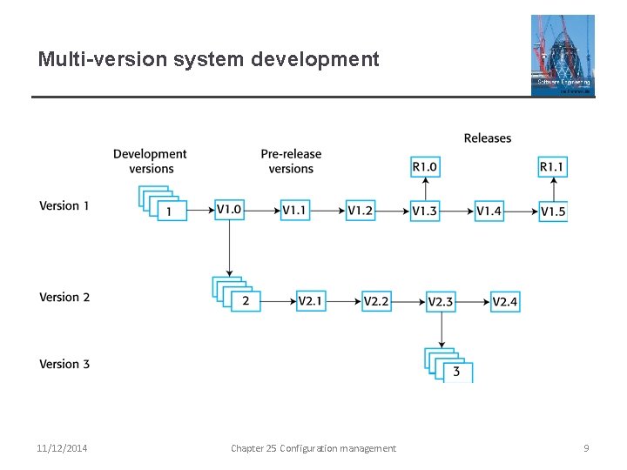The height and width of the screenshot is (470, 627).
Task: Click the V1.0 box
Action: (229, 210)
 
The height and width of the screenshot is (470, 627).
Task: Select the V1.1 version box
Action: (295, 210)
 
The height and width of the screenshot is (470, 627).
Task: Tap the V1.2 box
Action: (361, 210)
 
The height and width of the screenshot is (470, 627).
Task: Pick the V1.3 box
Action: (425, 210)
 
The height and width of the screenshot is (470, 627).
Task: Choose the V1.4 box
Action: (489, 210)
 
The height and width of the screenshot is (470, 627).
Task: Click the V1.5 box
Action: (553, 210)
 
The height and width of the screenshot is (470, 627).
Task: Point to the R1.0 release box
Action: (425, 166)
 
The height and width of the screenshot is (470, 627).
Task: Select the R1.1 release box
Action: (553, 166)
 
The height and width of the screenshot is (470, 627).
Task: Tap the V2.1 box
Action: (311, 301)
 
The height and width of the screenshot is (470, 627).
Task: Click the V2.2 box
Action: (376, 301)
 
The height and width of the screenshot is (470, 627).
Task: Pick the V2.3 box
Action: (442, 301)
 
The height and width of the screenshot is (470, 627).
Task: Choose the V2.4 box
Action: (505, 301)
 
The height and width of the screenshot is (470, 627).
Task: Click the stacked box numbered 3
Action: (456, 372)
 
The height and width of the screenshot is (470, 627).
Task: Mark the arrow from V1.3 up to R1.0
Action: (425, 188)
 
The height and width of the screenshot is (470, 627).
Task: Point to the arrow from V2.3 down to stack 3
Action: (442, 330)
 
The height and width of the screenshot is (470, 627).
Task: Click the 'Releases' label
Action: (488, 138)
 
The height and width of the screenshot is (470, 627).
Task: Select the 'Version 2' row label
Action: (64, 298)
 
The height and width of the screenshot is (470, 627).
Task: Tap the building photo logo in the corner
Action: (563, 55)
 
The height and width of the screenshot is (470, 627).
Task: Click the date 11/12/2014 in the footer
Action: (62, 448)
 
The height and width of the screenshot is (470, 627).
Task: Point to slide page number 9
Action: (586, 448)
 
